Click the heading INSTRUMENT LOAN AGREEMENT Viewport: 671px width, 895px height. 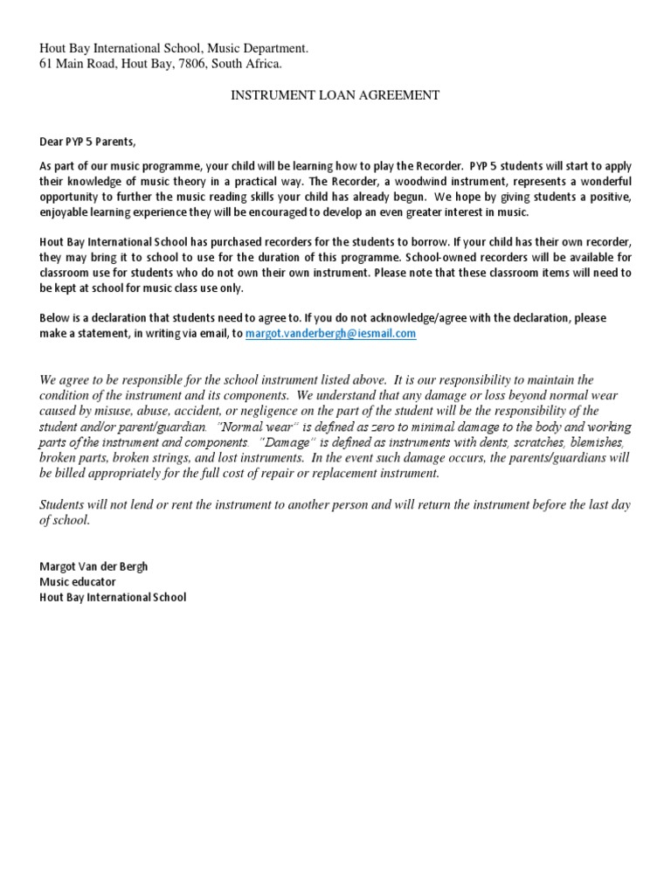coord(335,95)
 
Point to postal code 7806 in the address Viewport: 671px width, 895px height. coord(183,64)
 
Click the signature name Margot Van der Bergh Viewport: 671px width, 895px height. coord(93,566)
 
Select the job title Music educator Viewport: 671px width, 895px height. coord(78,582)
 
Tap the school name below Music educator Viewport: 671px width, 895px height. coord(113,598)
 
